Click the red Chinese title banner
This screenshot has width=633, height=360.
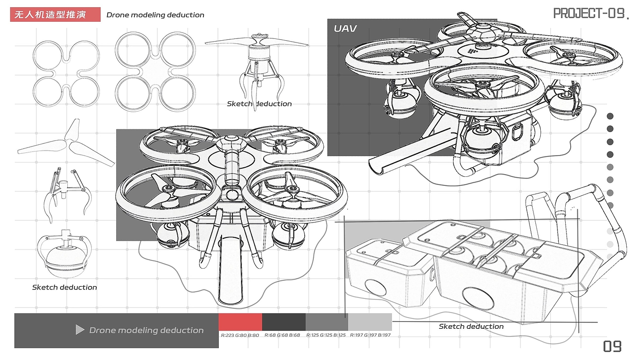pos(55,14)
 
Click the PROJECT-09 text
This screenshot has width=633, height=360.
pos(589,13)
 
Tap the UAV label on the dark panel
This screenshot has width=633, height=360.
pos(345,28)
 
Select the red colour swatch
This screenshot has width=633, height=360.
pos(240,322)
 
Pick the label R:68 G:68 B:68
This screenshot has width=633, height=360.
pos(282,335)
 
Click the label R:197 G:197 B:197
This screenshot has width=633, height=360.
pos(370,335)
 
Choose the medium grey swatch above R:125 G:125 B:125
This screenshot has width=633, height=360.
pos(326,322)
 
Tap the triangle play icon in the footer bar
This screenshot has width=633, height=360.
pos(80,330)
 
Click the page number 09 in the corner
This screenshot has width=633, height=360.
pos(612,346)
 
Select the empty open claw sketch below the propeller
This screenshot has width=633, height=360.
pos(67,195)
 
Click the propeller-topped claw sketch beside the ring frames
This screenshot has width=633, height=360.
pos(257,71)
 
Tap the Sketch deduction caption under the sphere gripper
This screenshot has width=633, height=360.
pos(64,287)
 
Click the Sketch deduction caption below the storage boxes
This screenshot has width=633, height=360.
pos(471,327)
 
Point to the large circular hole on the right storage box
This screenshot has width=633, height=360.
pos(478,298)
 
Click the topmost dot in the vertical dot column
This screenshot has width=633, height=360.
pos(610,116)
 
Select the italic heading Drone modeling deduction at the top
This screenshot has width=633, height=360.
pos(155,15)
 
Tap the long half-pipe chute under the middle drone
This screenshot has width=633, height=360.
pos(231,270)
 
